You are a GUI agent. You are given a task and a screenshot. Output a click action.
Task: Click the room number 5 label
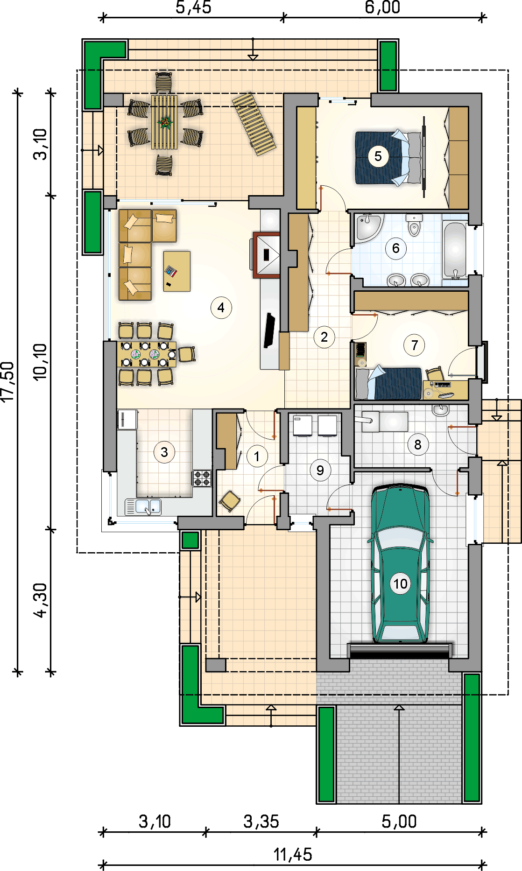[x=378, y=156]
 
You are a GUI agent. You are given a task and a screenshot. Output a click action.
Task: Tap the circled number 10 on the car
[x=400, y=583]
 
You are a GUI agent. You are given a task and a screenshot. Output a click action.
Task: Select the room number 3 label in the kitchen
[x=164, y=452]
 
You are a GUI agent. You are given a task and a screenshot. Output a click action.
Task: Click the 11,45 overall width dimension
[x=293, y=855]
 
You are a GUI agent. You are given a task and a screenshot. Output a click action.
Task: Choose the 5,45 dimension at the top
[x=193, y=7]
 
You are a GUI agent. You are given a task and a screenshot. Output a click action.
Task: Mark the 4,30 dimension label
[x=41, y=600]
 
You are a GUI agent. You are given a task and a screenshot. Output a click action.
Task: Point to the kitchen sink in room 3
[x=143, y=507]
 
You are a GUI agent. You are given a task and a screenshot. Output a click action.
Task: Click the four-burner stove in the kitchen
[x=202, y=478]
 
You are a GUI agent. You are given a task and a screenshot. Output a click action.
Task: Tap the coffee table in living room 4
[x=176, y=271]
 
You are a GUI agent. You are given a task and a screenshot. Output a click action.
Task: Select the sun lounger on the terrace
[x=254, y=124]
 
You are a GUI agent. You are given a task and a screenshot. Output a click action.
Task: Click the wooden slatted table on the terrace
[x=164, y=122]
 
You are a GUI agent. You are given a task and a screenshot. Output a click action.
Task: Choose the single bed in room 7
[x=388, y=384]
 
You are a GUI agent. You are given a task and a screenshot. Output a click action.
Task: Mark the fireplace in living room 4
[x=267, y=255]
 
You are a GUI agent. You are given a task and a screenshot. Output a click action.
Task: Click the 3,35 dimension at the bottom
[x=261, y=822]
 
